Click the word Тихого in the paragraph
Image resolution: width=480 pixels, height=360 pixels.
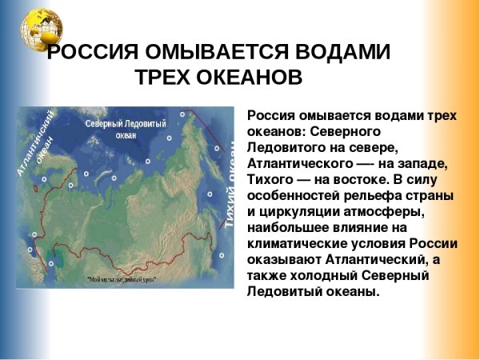tap(272, 178)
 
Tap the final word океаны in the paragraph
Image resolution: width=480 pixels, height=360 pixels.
tap(351, 292)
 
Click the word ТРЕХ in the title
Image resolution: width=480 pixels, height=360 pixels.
tap(163, 78)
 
